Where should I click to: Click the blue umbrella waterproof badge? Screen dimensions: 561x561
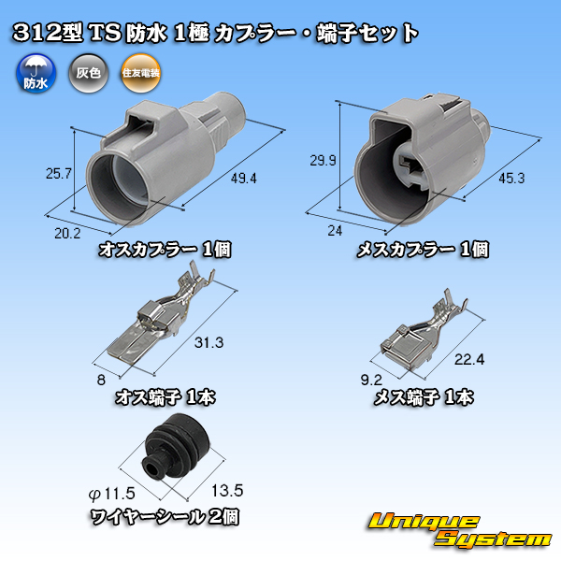[x=36, y=73]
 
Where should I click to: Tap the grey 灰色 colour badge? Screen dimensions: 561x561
[x=89, y=73]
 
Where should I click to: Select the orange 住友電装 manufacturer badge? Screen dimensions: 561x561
[x=140, y=73]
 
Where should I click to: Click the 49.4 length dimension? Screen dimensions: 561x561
[x=244, y=178]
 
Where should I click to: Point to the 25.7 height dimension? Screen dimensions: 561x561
[x=59, y=174]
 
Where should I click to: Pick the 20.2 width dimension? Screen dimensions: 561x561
[x=67, y=234]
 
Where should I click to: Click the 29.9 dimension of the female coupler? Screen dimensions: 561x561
[x=324, y=160]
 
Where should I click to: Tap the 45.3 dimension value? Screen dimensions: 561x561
[x=511, y=178]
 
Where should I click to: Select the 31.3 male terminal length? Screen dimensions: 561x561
[x=209, y=342]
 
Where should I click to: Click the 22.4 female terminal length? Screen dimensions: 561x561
[x=469, y=359]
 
